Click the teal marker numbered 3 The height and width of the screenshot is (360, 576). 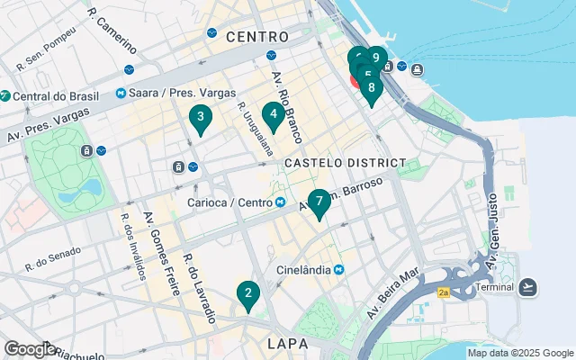(x=200, y=117)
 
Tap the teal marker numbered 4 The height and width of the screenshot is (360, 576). (x=273, y=114)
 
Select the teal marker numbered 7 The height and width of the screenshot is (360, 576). (x=319, y=202)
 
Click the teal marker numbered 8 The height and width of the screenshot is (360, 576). (x=371, y=88)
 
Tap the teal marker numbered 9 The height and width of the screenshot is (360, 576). (x=376, y=58)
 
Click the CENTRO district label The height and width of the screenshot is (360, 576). (x=257, y=37)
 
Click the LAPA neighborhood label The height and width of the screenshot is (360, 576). (x=288, y=344)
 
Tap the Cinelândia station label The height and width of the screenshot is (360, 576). (x=306, y=270)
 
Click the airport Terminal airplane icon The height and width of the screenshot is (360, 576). (x=529, y=287)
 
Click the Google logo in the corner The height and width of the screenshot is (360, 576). (x=29, y=349)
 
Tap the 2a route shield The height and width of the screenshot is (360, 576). (x=443, y=292)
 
